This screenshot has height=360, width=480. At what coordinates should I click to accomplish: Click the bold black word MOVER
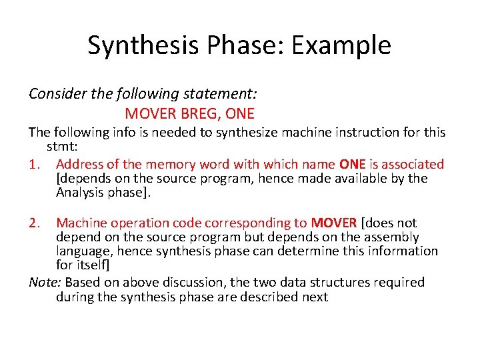click(x=334, y=223)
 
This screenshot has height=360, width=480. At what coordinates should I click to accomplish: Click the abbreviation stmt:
click(x=61, y=146)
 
